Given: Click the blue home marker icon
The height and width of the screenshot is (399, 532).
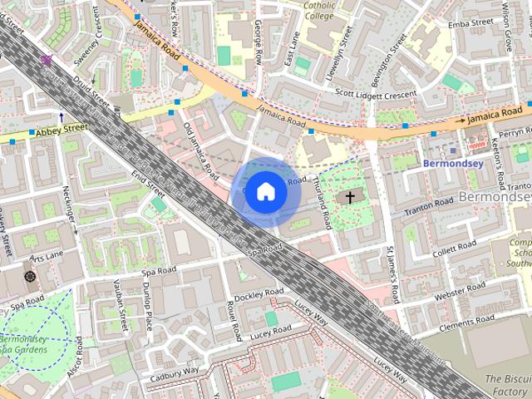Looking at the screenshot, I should [x=264, y=191].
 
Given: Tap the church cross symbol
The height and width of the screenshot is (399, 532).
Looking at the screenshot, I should [x=350, y=197].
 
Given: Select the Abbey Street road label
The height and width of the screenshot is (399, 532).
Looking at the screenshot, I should [x=63, y=129].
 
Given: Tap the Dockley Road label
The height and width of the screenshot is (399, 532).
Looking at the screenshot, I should [x=259, y=294].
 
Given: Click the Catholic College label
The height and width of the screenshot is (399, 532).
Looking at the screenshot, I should [x=318, y=9].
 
